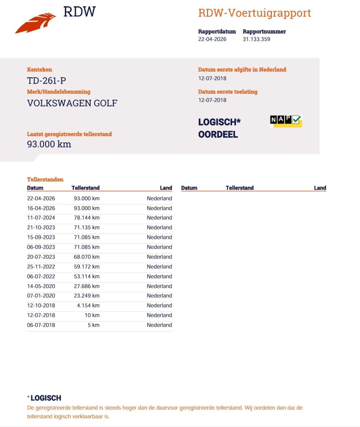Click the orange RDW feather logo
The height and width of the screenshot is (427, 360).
35,23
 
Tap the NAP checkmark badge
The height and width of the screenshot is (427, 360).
286,121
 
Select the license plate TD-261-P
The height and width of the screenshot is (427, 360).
46,81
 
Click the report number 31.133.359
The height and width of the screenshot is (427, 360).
256,39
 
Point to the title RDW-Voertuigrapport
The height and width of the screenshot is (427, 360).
254,13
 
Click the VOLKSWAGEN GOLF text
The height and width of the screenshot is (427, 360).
72,103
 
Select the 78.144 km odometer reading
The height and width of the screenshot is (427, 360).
87,218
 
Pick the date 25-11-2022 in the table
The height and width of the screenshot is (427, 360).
41,267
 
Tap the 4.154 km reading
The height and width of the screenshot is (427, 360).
88,305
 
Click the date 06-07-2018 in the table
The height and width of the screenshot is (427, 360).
41,325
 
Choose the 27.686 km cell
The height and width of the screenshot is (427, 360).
87,286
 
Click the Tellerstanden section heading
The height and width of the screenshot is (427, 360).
45,179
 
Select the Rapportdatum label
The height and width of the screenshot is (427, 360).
217,32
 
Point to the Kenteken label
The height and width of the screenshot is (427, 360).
39,70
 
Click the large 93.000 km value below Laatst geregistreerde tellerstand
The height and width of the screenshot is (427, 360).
49,144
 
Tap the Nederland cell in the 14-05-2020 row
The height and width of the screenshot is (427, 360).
159,286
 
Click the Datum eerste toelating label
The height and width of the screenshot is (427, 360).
228,91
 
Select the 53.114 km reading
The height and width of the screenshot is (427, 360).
87,276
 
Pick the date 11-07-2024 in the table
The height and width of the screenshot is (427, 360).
41,218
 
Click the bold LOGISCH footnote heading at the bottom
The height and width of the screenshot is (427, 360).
46,398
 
